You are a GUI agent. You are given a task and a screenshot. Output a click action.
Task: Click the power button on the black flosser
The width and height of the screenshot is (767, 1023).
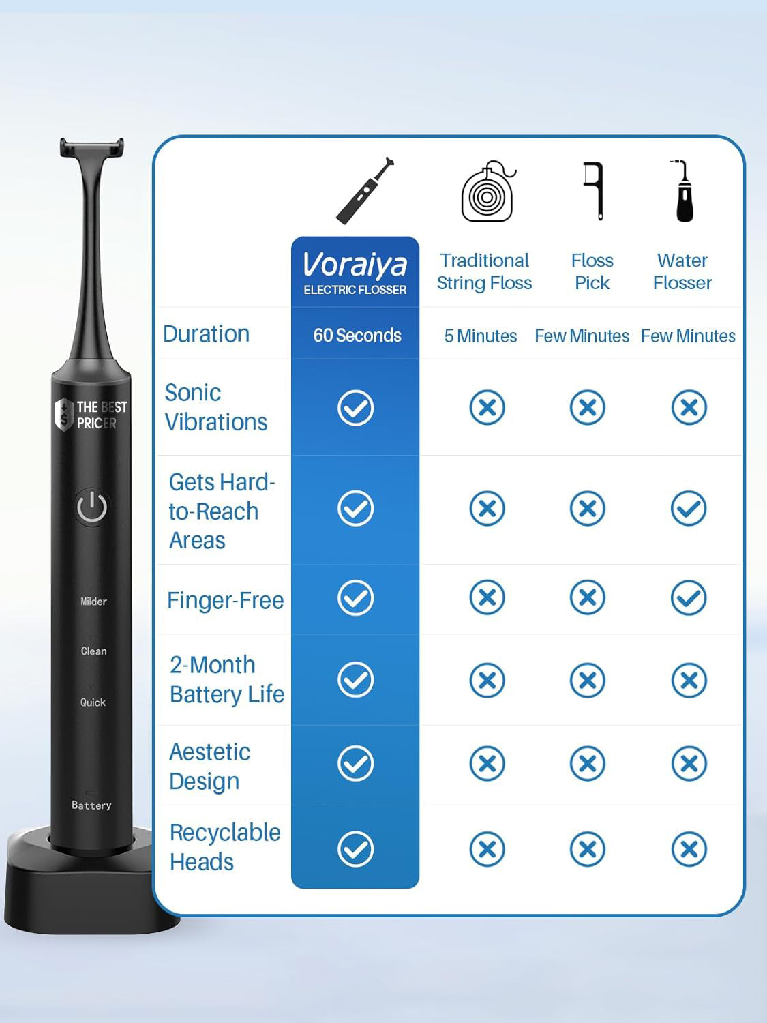pos(92,507)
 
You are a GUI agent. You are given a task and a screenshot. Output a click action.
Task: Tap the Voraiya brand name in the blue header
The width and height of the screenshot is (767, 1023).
pos(355,265)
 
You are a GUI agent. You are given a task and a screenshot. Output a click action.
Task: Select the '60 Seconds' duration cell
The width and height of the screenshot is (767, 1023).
pos(357,336)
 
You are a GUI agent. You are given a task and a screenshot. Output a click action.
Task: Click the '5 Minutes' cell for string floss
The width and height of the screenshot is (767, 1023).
pos(481,336)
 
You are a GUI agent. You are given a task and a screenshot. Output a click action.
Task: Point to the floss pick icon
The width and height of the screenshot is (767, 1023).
pos(595,190)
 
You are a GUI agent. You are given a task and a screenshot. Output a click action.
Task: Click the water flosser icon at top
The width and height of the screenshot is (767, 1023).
pos(683,192)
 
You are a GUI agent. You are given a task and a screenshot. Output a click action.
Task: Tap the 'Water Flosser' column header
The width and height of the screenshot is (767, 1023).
pos(682,271)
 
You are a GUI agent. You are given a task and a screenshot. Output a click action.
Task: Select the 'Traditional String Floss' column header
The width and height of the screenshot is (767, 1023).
pos(484,271)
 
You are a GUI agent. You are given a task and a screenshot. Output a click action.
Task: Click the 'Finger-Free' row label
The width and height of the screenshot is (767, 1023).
pos(225,600)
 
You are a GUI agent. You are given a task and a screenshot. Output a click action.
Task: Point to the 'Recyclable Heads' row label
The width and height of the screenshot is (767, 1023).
pos(224,846)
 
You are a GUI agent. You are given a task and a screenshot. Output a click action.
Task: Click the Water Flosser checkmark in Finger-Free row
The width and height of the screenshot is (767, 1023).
pos(689,598)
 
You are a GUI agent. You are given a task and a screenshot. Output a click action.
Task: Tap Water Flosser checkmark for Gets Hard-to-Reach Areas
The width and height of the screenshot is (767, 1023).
pos(689,508)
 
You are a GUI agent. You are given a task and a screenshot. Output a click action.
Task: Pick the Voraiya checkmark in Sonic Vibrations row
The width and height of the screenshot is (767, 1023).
pos(355,408)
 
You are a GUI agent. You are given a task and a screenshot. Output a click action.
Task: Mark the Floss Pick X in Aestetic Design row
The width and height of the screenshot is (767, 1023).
pos(587,763)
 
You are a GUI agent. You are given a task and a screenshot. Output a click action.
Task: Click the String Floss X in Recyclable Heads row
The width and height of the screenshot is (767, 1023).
pos(487,849)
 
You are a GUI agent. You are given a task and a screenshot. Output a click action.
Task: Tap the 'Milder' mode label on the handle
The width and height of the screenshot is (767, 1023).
pos(93,602)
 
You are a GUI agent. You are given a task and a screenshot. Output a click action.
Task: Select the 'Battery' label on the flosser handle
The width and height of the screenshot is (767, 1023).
pos(91,805)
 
